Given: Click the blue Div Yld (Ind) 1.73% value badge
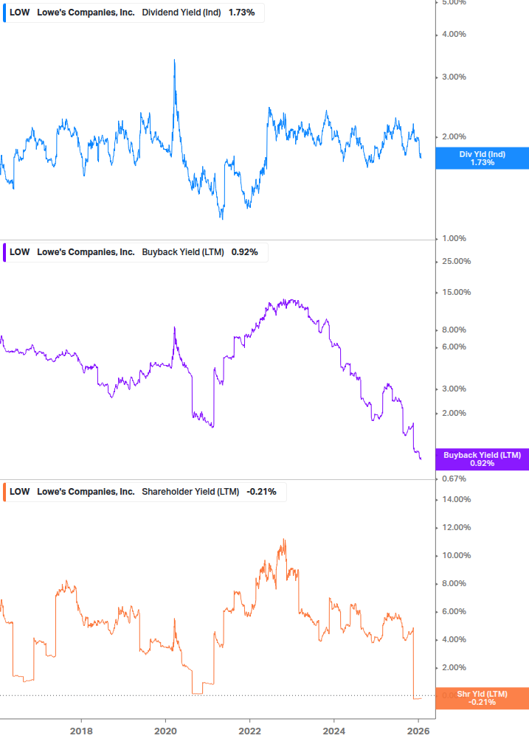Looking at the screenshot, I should point(482,158).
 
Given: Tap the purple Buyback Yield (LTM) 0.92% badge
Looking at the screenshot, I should point(482,459).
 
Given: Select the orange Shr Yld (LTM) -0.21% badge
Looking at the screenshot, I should point(482,697).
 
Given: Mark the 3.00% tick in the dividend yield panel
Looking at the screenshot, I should point(454,77).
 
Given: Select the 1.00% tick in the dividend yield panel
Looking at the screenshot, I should point(454,238).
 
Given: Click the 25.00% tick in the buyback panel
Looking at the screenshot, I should point(455,262).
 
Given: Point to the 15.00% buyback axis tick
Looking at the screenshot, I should point(455,292).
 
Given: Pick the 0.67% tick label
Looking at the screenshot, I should point(454,479).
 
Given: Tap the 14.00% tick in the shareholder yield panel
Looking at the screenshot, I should point(455,499).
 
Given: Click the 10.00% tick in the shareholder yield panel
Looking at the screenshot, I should point(455,555).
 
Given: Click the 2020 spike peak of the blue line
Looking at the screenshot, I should point(174,60).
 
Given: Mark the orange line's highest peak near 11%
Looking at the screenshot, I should point(284,540).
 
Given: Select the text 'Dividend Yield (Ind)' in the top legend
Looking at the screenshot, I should point(181,13).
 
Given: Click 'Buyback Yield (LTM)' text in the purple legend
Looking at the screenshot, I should point(182,251).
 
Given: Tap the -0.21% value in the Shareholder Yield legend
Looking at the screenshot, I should point(261,492).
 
